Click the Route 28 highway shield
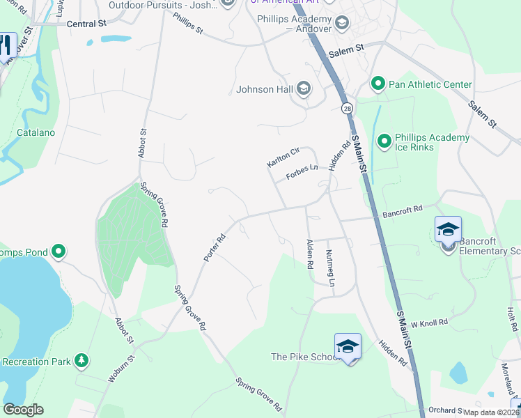pyautogui.click(x=346, y=108)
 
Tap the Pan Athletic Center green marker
pyautogui.click(x=378, y=84)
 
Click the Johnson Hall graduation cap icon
pyautogui.click(x=303, y=88)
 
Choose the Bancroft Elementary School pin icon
pyautogui.click(x=448, y=230)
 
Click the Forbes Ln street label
pyautogui.click(x=302, y=173)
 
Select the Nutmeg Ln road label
pyautogui.click(x=331, y=268)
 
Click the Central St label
pyautogui.click(x=86, y=23)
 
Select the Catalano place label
pyautogui.click(x=36, y=132)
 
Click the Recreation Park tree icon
pyautogui.click(x=83, y=360)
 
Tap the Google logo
pyautogui.click(x=23, y=410)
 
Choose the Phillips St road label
pyautogui.click(x=188, y=24)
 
